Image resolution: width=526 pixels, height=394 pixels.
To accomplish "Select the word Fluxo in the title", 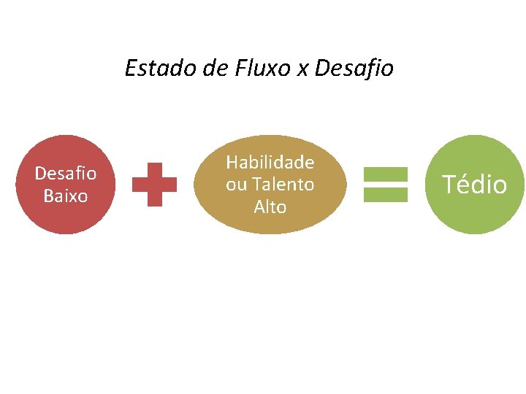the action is tap(260, 69).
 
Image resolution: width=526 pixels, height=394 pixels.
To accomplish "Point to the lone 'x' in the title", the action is tap(302, 70).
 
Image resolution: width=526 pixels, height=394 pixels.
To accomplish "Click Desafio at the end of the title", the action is tap(354, 69).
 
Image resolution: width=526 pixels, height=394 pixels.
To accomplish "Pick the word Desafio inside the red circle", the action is tap(66, 174).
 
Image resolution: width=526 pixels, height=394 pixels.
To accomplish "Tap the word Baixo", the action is tap(66, 196).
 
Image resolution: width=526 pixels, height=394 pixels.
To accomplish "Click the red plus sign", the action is tap(154, 185).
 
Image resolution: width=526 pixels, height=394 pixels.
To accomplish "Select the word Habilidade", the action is tap(270, 162).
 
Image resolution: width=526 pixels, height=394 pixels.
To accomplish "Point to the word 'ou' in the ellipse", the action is tap(236, 185).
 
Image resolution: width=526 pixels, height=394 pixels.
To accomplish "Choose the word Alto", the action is tap(270, 207).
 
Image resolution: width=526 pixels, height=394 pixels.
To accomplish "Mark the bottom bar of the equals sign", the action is tap(386, 193).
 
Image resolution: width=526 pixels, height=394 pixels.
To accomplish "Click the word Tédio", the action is tap(475, 185).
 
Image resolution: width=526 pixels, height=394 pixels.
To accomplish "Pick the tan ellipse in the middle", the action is tap(270, 222).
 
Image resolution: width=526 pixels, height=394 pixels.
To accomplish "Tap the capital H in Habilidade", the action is tap(232, 162).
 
